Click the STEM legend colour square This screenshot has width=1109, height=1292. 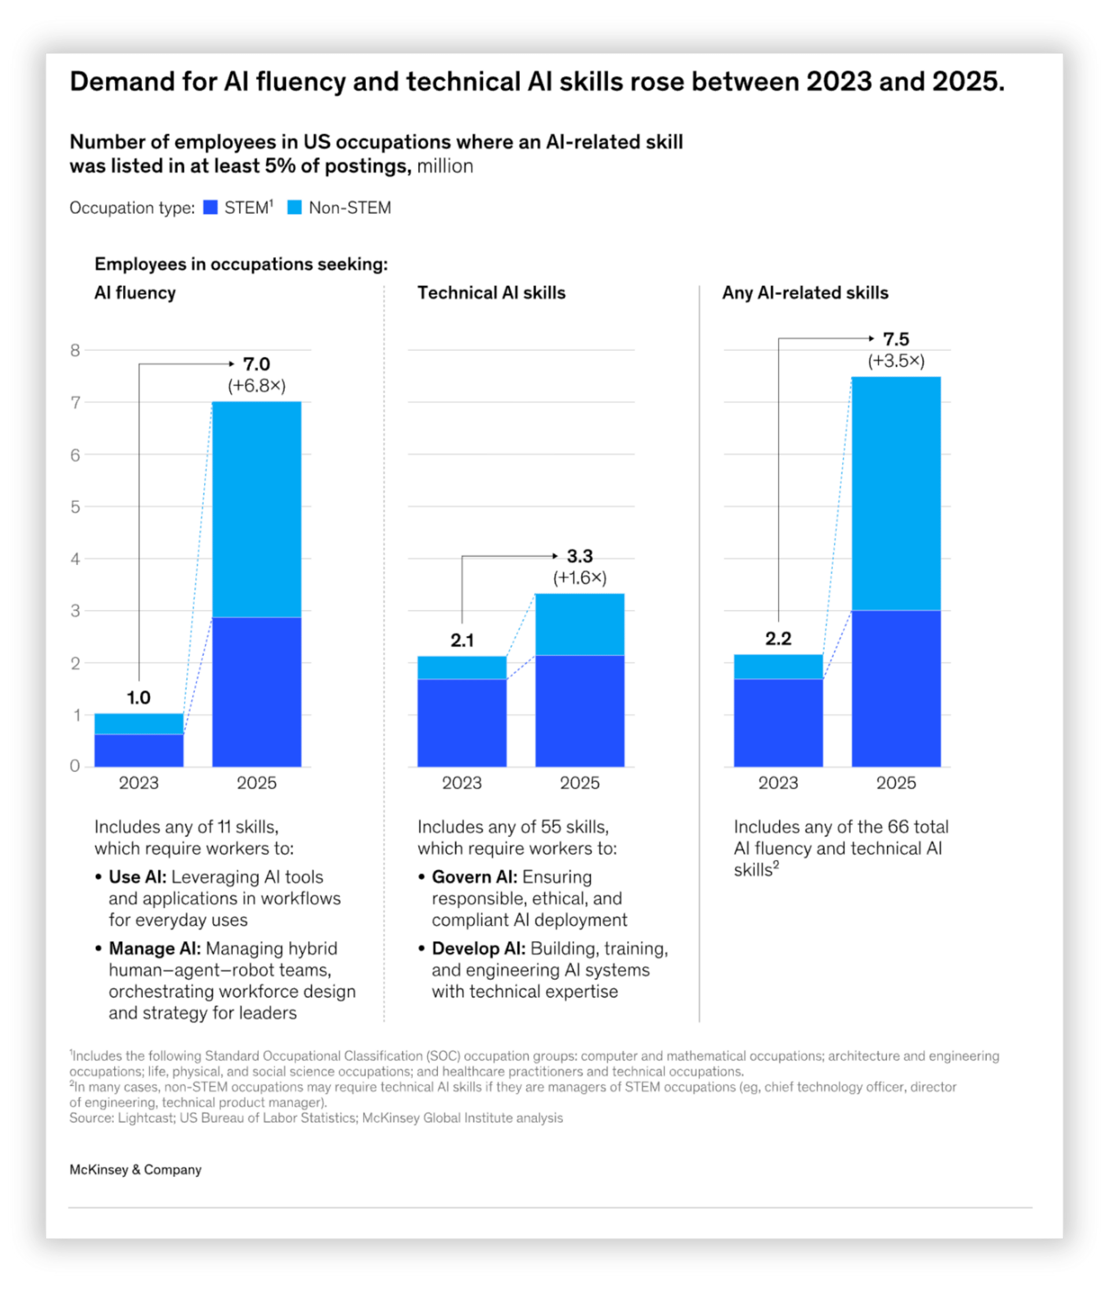[210, 207]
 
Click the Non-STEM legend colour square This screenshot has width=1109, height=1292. [294, 207]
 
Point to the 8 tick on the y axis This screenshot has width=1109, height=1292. [76, 350]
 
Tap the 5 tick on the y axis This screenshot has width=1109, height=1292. [76, 506]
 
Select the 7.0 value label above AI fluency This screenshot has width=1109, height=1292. [256, 363]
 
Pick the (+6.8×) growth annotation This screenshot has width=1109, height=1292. [256, 386]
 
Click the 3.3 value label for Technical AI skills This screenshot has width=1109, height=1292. [579, 556]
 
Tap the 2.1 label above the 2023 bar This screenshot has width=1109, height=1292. [462, 640]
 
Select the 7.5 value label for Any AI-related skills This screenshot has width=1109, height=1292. [896, 339]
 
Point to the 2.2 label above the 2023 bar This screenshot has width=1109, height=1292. [778, 638]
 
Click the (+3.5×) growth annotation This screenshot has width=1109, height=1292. [896, 361]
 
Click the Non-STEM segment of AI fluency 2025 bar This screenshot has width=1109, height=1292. [256, 510]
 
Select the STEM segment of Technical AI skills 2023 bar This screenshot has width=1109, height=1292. [462, 723]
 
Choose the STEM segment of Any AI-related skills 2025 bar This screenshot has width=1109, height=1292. [896, 688]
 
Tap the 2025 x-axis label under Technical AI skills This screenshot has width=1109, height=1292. [579, 782]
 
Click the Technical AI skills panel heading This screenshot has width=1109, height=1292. [491, 293]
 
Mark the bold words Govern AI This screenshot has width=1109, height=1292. [474, 877]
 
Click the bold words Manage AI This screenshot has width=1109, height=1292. [155, 948]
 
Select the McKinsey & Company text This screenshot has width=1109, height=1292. [135, 1170]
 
